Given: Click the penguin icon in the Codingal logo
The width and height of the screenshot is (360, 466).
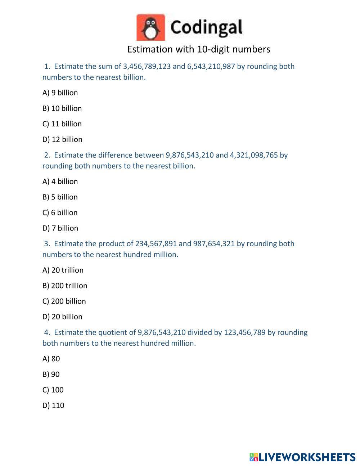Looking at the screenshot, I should tap(151, 27).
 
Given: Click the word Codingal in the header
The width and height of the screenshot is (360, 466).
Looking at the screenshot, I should tap(206, 28).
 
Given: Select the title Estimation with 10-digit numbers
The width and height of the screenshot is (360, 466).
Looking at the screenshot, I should tap(198, 49).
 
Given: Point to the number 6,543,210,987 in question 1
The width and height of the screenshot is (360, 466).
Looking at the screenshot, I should tap(211, 66).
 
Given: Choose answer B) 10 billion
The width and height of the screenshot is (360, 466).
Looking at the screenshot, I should tap(62, 108).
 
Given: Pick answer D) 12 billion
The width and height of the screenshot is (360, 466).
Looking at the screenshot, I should tap(62, 139).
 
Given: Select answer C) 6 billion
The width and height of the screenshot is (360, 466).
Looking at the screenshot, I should tap(60, 212).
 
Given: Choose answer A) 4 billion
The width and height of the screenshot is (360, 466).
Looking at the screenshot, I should tap(60, 182).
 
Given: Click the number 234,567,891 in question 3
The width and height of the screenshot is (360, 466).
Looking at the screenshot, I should tap(156, 244).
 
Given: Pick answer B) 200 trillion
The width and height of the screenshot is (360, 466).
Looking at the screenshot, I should tap(65, 286).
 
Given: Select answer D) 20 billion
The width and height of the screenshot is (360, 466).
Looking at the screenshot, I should tap(62, 317).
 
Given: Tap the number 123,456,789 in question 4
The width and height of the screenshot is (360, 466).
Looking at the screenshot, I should tap(245, 332).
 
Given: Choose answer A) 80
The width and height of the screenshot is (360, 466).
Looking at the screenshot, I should tap(51, 359).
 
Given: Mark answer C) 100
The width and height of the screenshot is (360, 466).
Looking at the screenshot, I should tap(53, 390).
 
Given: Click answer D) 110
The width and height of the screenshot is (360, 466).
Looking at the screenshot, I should tap(53, 405).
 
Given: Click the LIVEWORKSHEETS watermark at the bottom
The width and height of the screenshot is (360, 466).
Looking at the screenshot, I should tap(302, 457).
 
